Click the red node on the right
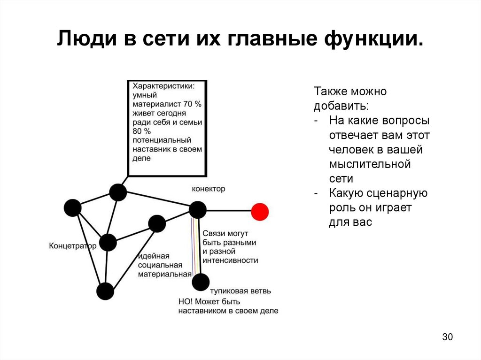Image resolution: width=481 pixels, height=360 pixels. (259, 212)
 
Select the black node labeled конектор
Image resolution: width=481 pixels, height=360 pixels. (198, 210)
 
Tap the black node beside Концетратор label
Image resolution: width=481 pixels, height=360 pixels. (108, 242)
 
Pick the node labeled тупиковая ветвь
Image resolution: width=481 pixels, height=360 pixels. (201, 282)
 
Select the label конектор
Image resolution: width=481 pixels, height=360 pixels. (209, 189)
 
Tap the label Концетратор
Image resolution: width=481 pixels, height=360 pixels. (72, 245)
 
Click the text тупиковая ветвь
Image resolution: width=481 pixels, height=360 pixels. (240, 291)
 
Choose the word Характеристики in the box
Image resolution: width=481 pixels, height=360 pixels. (163, 86)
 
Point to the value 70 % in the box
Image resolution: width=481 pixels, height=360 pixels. (192, 104)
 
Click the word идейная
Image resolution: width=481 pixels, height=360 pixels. (153, 256)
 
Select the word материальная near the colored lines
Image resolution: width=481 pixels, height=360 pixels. (164, 274)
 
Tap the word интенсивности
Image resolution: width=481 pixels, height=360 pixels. (230, 260)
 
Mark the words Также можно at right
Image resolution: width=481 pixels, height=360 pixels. (350, 92)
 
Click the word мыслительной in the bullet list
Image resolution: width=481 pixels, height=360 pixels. (370, 164)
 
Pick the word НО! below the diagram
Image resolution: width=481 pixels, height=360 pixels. (187, 301)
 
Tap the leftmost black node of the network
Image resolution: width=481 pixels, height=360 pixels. (72, 207)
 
